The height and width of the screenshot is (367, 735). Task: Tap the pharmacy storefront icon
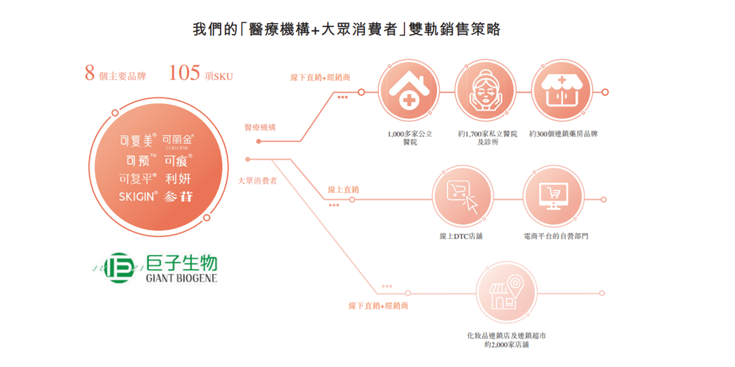(561, 92)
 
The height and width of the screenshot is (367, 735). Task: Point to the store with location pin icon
(505, 292)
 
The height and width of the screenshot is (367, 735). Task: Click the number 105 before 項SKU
(184, 73)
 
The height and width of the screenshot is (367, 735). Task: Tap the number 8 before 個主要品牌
(89, 73)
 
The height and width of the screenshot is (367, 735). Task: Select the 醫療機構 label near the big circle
(261, 127)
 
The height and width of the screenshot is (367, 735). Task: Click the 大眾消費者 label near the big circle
(257, 181)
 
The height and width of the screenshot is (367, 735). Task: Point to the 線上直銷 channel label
(344, 189)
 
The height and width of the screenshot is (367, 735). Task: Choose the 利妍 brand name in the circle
(178, 179)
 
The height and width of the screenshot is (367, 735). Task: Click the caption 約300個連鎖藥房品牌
(564, 135)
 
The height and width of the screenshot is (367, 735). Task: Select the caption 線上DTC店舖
(462, 236)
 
